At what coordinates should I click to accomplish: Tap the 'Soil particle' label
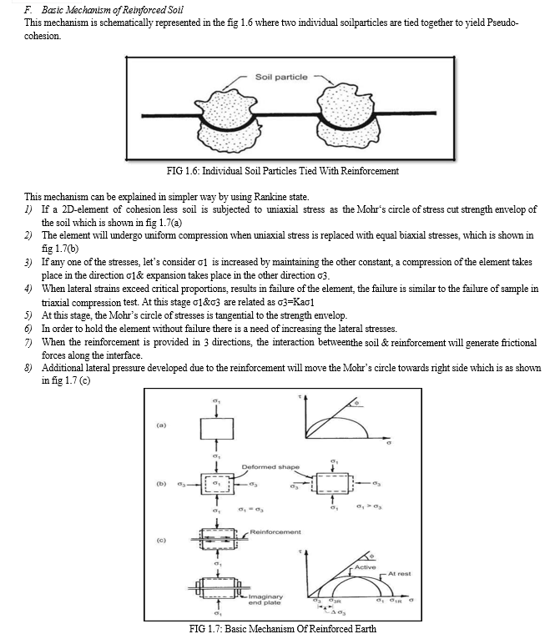click(280, 77)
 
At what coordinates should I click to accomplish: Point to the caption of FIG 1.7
click(282, 628)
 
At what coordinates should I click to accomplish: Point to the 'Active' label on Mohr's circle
click(365, 567)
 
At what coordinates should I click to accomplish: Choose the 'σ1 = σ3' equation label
click(252, 510)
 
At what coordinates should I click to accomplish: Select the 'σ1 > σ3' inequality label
click(366, 510)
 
